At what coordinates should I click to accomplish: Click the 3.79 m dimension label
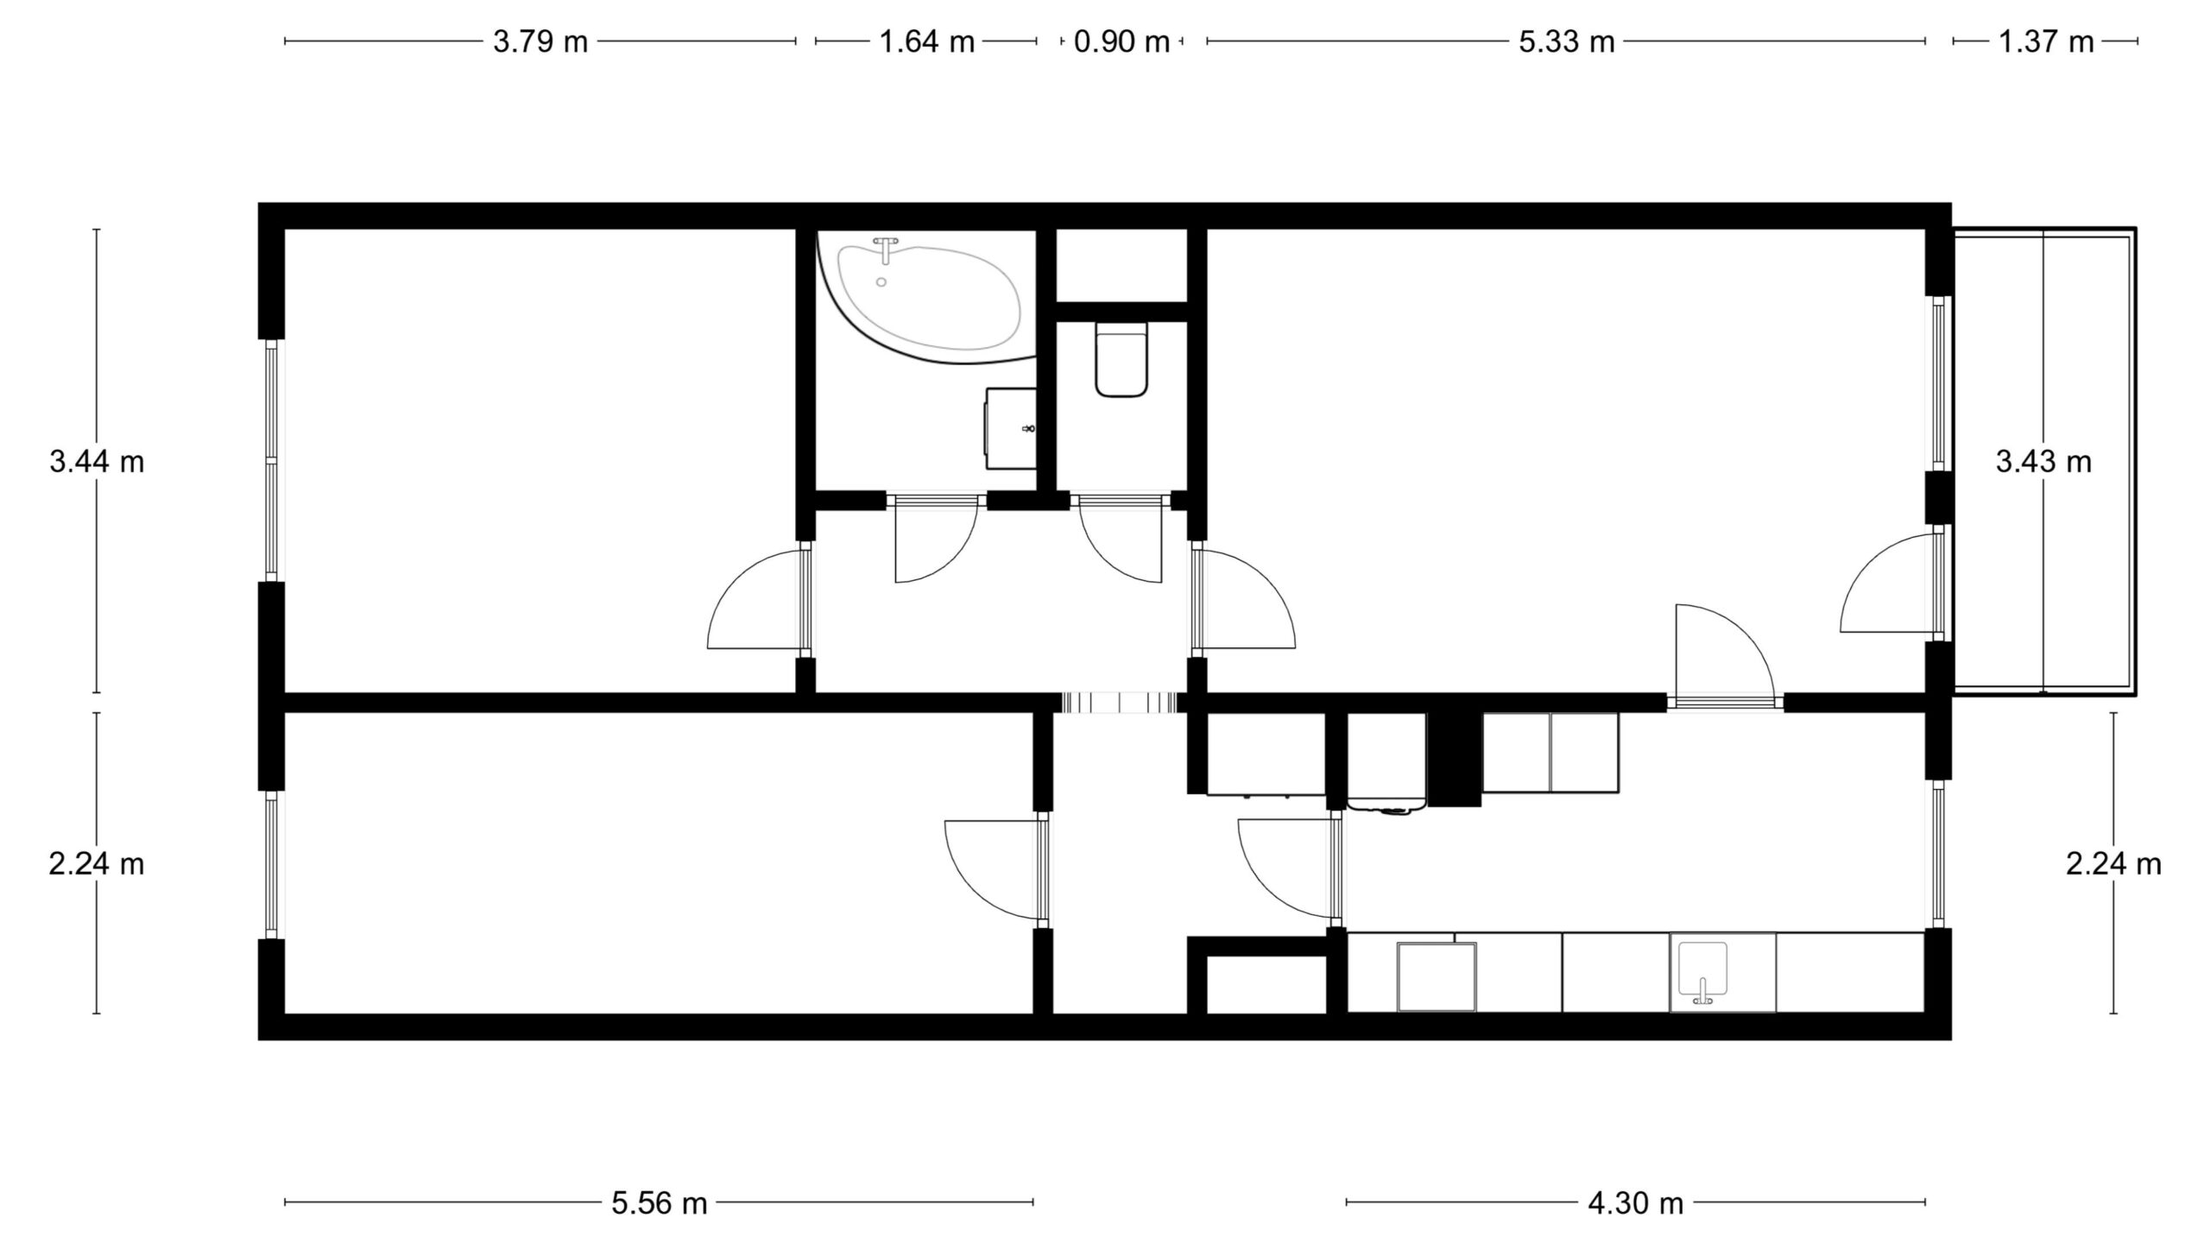point(540,41)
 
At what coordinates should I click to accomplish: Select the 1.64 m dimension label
point(926,41)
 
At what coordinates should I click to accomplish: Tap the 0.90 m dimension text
point(1121,41)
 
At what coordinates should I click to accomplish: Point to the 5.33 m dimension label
point(1566,41)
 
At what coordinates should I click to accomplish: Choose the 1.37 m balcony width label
point(2046,41)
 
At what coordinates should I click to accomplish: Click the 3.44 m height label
point(97,463)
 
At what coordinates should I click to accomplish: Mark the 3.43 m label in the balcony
point(2043,463)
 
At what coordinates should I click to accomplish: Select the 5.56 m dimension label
point(660,1203)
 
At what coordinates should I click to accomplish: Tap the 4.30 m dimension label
point(1636,1203)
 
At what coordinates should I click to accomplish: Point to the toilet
point(1121,359)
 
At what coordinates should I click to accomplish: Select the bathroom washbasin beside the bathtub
point(1011,428)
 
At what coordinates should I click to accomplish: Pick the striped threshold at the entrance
point(1120,703)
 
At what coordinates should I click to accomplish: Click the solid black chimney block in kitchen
point(1455,760)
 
